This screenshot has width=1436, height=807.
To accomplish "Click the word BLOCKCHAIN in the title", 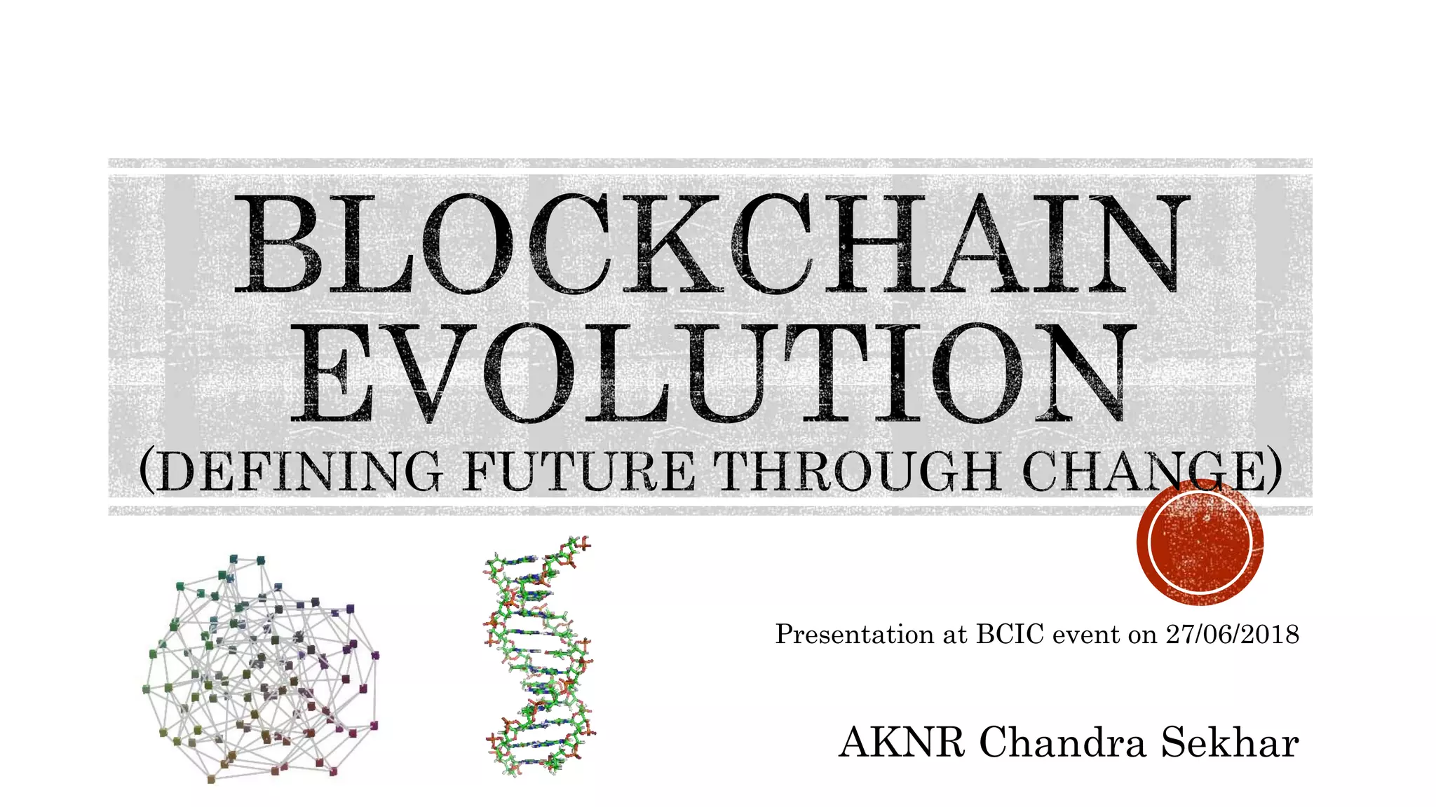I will [712, 244].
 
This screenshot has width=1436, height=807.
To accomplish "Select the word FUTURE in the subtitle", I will [579, 471].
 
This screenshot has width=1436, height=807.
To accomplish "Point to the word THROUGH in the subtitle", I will [860, 471].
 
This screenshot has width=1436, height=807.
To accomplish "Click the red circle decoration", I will [1200, 542].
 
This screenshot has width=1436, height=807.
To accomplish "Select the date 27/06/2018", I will [1232, 634].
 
